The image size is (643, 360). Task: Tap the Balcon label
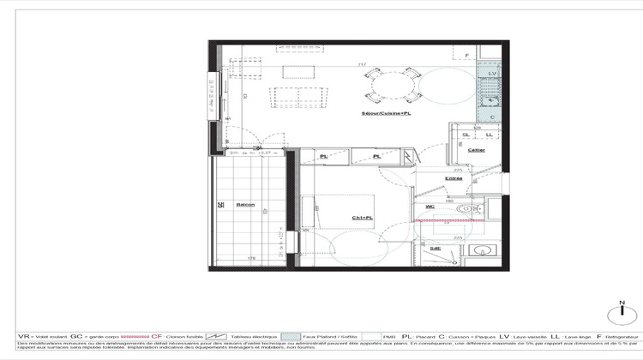pos(246,205)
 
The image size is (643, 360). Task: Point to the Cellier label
pos(477,150)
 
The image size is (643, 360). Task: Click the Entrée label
pos(454,178)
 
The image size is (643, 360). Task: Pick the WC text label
pos(431,207)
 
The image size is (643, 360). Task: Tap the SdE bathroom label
pos(436,248)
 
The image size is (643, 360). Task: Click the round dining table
pos(391,86)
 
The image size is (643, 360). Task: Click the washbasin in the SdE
pos(482,251)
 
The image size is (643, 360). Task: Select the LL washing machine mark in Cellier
pos(489,135)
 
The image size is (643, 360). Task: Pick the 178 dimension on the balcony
pos(251,258)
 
